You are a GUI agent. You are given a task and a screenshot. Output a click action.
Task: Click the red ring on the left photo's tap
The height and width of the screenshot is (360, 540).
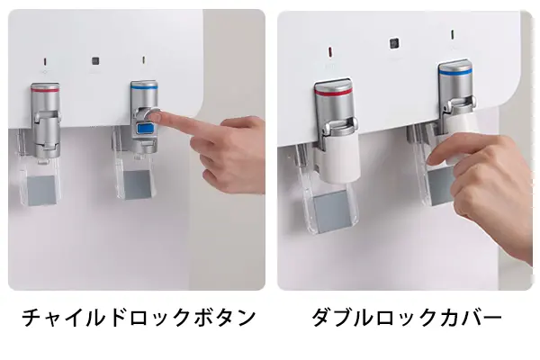(45, 89)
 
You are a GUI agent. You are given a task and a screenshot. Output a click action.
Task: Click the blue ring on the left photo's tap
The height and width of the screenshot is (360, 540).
(143, 87)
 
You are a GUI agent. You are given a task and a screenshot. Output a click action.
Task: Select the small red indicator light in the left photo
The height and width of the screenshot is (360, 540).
(45, 61)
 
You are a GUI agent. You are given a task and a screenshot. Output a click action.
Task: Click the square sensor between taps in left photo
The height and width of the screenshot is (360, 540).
(94, 62)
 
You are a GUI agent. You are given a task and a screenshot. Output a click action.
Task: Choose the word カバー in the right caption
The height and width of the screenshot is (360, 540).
(468, 318)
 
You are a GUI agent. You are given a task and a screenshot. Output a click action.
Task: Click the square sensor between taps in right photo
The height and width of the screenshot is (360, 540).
(393, 41)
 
